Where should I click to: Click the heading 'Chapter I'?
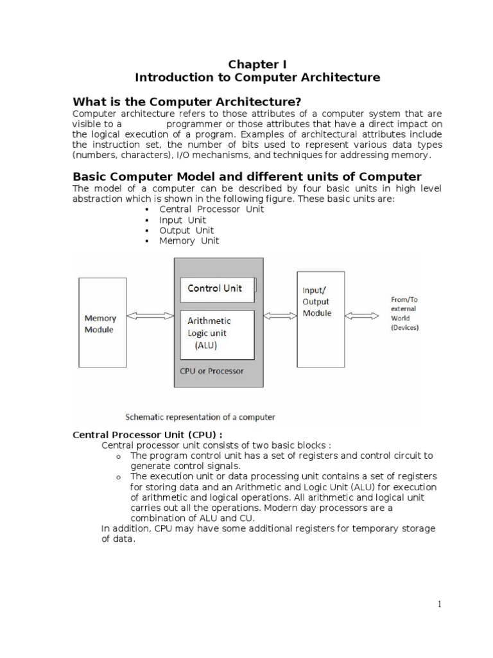[x=257, y=64]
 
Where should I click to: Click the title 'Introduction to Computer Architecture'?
[x=257, y=78]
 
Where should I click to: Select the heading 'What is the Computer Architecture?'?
[x=187, y=102]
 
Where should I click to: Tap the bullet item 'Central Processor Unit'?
[x=200, y=209]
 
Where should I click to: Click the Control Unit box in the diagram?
[x=218, y=289]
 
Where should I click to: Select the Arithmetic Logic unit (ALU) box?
[x=218, y=333]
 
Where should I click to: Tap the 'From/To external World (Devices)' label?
[x=405, y=314]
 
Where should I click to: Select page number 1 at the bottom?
[x=440, y=604]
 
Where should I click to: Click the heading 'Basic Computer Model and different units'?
[x=247, y=176]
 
